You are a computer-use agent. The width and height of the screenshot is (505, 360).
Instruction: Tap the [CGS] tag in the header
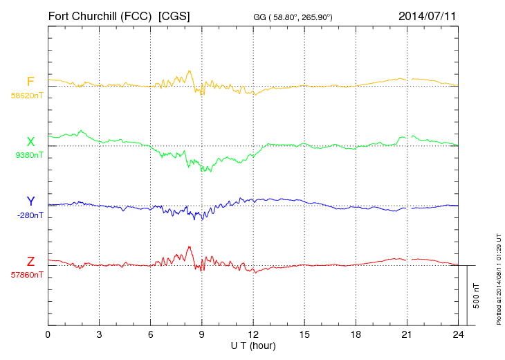pyautogui.click(x=174, y=15)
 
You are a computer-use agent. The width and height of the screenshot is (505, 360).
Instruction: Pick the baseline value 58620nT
pyautogui.click(x=26, y=96)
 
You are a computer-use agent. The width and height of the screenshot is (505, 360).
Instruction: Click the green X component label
pyautogui.click(x=30, y=142)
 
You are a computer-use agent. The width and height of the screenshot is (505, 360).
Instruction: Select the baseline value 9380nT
pyautogui.click(x=28, y=155)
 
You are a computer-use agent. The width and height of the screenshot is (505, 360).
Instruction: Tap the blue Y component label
pyautogui.click(x=30, y=201)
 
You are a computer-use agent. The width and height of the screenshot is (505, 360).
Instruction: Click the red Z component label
pyautogui.click(x=30, y=262)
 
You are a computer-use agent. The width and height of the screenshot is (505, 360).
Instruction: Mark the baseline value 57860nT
pyautogui.click(x=26, y=275)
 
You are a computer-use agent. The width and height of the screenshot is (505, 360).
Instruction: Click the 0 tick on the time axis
pyautogui.click(x=48, y=334)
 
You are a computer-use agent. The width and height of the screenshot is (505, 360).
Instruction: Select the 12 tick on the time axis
pyautogui.click(x=253, y=334)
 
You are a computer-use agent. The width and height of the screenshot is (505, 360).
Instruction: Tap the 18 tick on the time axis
pyautogui.click(x=356, y=334)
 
